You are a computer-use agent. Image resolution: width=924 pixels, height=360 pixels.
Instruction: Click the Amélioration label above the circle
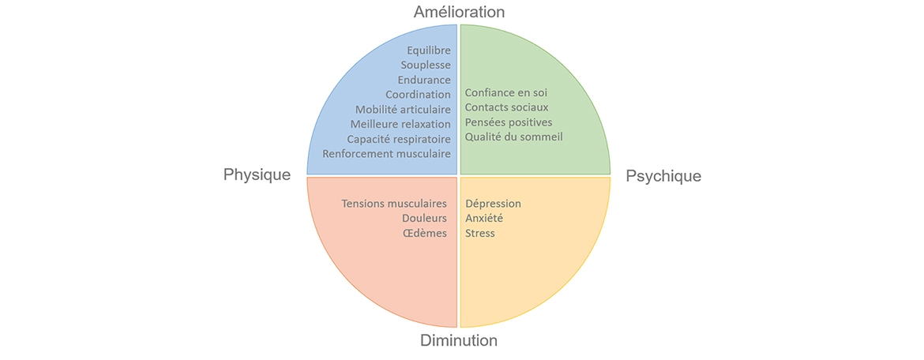pyautogui.click(x=459, y=12)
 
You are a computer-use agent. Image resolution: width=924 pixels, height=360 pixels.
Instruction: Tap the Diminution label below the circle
pyautogui.click(x=458, y=341)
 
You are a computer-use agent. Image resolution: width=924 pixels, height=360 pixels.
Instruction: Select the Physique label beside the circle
pyautogui.click(x=257, y=174)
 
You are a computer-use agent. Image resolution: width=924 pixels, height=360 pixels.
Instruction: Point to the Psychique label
pyautogui.click(x=663, y=176)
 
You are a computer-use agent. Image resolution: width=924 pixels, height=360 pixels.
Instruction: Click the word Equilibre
pyautogui.click(x=428, y=51)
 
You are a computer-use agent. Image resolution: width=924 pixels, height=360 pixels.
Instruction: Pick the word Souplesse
pyautogui.click(x=425, y=65)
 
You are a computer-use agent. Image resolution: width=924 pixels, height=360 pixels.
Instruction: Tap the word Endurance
pyautogui.click(x=424, y=80)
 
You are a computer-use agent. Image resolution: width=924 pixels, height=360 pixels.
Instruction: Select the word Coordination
pyautogui.click(x=418, y=95)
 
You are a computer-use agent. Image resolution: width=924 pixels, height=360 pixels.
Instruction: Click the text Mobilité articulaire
pyautogui.click(x=403, y=109)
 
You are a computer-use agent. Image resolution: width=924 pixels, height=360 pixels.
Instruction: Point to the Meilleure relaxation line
pyautogui.click(x=400, y=124)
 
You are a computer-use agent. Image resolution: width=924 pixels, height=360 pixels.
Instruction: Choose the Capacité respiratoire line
pyautogui.click(x=399, y=139)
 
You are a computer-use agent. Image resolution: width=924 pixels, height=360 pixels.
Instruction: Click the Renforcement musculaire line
pyautogui.click(x=386, y=153)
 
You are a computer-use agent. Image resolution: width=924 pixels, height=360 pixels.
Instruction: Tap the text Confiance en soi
pyautogui.click(x=505, y=92)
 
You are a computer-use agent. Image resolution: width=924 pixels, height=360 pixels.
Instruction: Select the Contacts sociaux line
pyautogui.click(x=506, y=107)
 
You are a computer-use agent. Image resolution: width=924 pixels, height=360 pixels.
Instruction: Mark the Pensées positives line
pyautogui.click(x=509, y=122)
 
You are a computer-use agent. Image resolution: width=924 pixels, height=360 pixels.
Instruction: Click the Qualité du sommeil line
pyautogui.click(x=513, y=137)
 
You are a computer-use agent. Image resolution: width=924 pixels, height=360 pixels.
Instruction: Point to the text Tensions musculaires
pyautogui.click(x=393, y=204)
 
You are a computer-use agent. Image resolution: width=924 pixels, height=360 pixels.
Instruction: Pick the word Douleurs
pyautogui.click(x=424, y=218)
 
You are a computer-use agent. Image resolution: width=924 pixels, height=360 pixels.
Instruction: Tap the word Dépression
pyautogui.click(x=493, y=204)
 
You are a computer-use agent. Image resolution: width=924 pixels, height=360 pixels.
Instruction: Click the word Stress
pyautogui.click(x=480, y=233)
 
